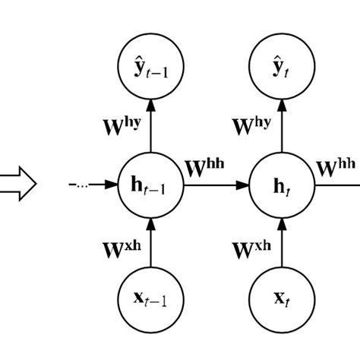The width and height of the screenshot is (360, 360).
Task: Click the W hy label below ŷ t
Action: pos(249,124)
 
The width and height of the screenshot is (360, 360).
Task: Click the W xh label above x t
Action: pos(249,246)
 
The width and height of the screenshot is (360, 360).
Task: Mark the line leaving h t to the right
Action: pos(334,185)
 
